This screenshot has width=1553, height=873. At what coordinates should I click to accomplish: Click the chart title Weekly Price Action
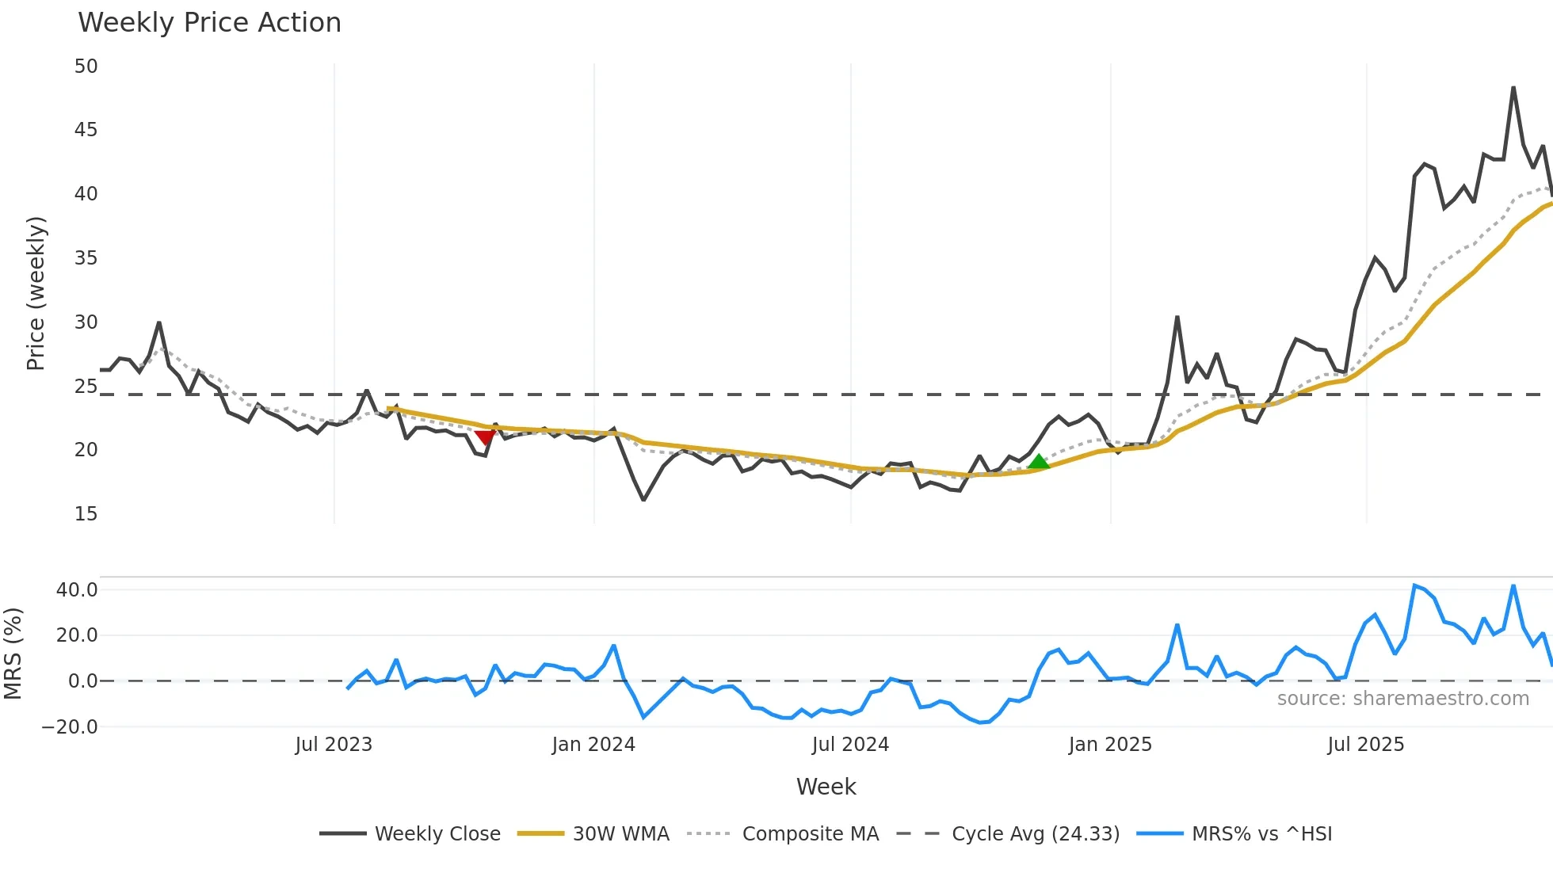click(x=209, y=23)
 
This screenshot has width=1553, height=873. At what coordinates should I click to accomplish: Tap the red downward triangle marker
click(x=485, y=437)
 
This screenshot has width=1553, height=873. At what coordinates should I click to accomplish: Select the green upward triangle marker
click(x=1038, y=462)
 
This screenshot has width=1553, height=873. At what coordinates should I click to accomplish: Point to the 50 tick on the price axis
click(x=86, y=67)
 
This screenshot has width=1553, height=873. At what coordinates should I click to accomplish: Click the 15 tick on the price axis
click(x=86, y=514)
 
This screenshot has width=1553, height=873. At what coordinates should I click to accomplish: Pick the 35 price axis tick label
click(x=86, y=258)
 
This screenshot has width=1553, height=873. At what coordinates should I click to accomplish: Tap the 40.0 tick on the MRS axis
click(x=77, y=590)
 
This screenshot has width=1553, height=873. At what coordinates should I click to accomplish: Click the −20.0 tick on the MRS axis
click(x=70, y=727)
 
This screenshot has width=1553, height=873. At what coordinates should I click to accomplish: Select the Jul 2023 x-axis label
click(x=334, y=745)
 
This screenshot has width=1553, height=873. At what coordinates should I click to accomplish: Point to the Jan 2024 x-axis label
click(x=593, y=745)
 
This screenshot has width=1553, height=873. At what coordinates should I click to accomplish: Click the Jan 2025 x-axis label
click(x=1110, y=745)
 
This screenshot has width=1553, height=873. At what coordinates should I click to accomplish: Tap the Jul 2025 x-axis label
click(x=1366, y=745)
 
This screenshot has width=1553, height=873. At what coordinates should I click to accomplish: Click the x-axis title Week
click(x=826, y=787)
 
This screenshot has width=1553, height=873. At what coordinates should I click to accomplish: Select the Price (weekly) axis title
click(x=36, y=293)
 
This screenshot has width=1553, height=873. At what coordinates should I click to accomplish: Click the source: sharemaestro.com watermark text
click(x=1402, y=699)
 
